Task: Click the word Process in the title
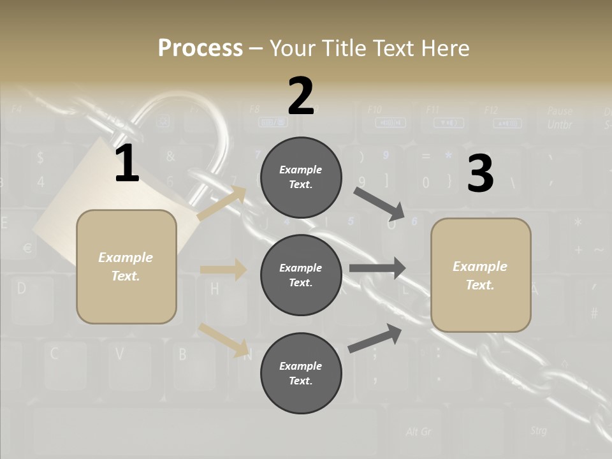200,48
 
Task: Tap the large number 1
127,164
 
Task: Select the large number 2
301,96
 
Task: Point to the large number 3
480,173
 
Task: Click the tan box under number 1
126,266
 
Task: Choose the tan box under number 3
481,275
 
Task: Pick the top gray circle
301,177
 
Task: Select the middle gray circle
301,275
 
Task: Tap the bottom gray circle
301,373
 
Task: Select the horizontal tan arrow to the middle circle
223,270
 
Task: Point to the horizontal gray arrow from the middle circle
377,268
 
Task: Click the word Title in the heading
344,48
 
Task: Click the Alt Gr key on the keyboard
418,432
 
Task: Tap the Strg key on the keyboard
538,431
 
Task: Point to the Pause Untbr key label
559,118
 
